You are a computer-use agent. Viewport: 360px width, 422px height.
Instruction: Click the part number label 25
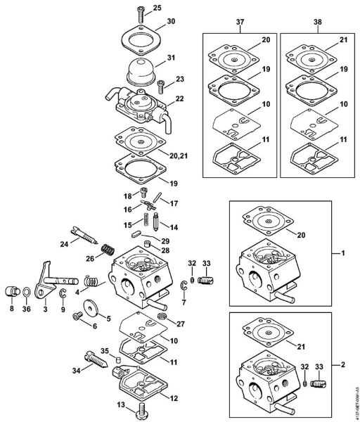(157, 8)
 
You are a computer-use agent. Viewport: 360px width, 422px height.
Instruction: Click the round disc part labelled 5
(91, 309)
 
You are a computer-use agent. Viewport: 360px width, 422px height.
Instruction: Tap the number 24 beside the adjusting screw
(63, 244)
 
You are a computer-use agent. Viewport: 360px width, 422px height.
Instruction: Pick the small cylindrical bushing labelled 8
(11, 290)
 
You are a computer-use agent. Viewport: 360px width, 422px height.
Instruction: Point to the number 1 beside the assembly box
(344, 252)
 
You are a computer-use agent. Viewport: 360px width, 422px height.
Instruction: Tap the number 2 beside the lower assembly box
(344, 366)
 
